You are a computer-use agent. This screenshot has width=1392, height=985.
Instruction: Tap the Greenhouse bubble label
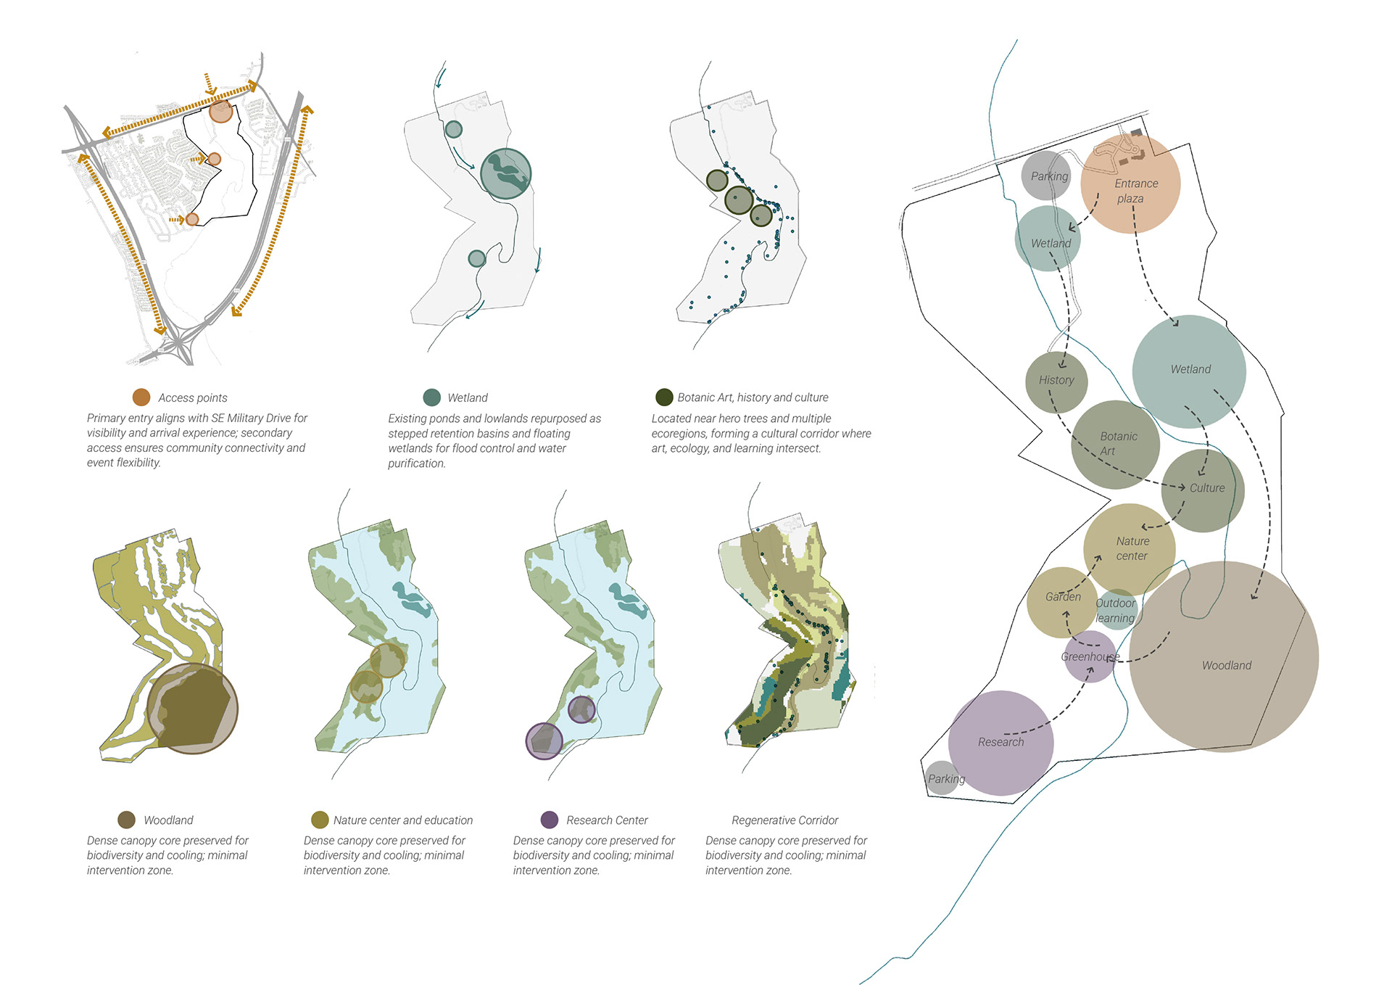(x=1090, y=656)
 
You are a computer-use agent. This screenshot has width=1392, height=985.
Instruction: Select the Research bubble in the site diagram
(x=1000, y=742)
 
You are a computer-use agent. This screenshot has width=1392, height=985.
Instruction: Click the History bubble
(x=1056, y=381)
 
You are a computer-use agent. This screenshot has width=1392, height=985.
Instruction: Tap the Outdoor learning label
(x=1116, y=611)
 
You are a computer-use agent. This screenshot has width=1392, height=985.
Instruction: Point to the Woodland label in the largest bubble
(x=1226, y=665)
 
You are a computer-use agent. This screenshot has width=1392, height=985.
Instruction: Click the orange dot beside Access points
(x=141, y=397)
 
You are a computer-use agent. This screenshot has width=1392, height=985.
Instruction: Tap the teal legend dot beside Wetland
(x=431, y=397)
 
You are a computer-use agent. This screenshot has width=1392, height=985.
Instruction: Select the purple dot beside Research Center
(x=550, y=820)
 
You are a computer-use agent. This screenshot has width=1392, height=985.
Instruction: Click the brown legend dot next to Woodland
(x=127, y=820)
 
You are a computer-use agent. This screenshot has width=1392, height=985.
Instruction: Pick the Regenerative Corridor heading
(x=784, y=820)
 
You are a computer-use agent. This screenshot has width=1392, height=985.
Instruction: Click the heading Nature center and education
(x=402, y=820)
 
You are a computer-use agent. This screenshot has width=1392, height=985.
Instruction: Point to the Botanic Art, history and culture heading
(x=753, y=397)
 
